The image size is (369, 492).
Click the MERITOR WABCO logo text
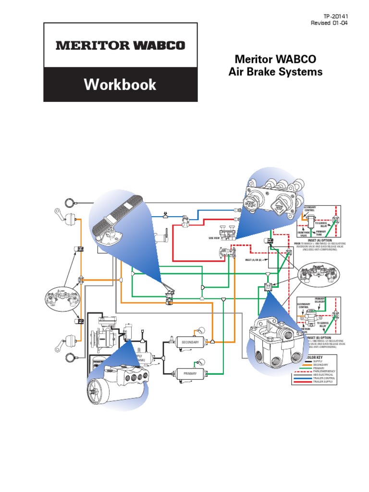click(120, 46)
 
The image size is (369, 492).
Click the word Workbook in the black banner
click(120, 85)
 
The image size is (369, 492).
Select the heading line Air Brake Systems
click(275, 72)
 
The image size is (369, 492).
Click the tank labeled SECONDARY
click(190, 342)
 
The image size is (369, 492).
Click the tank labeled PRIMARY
click(190, 373)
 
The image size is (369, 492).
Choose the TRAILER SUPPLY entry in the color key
click(324, 382)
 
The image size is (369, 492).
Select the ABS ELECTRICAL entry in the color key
click(324, 375)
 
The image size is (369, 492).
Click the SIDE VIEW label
click(214, 237)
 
